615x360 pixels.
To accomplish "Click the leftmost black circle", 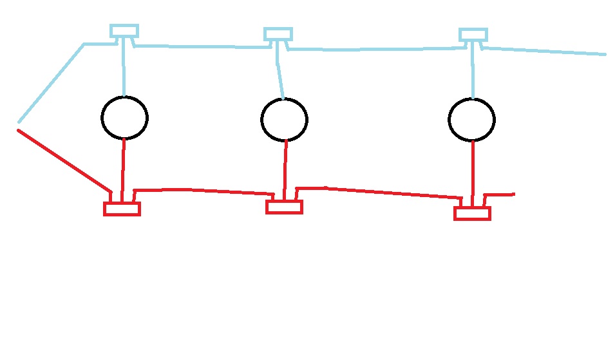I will [x=124, y=117].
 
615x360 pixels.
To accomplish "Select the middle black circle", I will [x=284, y=120].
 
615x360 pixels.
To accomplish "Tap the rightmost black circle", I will [x=471, y=120].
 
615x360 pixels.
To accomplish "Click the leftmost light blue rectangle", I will [x=124, y=31].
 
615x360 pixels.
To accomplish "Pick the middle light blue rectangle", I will [x=278, y=34].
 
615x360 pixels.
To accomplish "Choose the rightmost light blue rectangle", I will [x=473, y=35].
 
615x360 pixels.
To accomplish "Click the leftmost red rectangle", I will [x=122, y=209].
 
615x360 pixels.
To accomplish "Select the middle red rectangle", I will [x=284, y=207].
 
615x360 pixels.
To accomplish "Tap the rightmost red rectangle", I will [x=472, y=213].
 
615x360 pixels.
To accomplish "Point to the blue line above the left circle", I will [x=124, y=68].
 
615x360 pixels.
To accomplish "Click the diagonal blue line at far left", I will [x=52, y=82].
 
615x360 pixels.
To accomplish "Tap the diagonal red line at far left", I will [x=63, y=160].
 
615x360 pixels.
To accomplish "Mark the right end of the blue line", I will [x=604, y=54].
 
